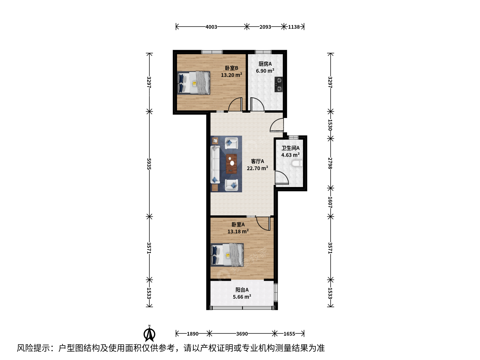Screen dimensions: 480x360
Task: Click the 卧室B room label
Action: click(231, 68)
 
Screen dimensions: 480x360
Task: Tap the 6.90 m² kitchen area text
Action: click(265, 71)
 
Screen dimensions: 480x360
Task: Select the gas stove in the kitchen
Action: click(279, 84)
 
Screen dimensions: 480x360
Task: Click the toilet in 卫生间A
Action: click(297, 163)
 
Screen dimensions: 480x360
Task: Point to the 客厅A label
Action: click(257, 161)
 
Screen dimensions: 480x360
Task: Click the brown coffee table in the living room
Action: click(231, 164)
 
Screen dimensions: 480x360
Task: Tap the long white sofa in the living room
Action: click(215, 164)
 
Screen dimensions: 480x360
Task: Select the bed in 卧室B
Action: click(194, 83)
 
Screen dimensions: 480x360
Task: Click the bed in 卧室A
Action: click(227, 255)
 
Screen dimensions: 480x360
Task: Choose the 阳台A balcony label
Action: click(242, 290)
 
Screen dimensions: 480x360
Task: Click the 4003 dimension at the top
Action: click(211, 27)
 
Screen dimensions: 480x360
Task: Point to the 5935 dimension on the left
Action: click(149, 164)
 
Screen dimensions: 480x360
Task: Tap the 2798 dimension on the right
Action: click(330, 163)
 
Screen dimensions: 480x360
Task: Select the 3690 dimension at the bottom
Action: click(242, 334)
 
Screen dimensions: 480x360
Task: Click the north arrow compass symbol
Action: click(149, 333)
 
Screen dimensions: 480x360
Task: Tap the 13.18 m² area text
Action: click(238, 231)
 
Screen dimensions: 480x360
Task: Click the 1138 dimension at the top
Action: click(294, 27)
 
